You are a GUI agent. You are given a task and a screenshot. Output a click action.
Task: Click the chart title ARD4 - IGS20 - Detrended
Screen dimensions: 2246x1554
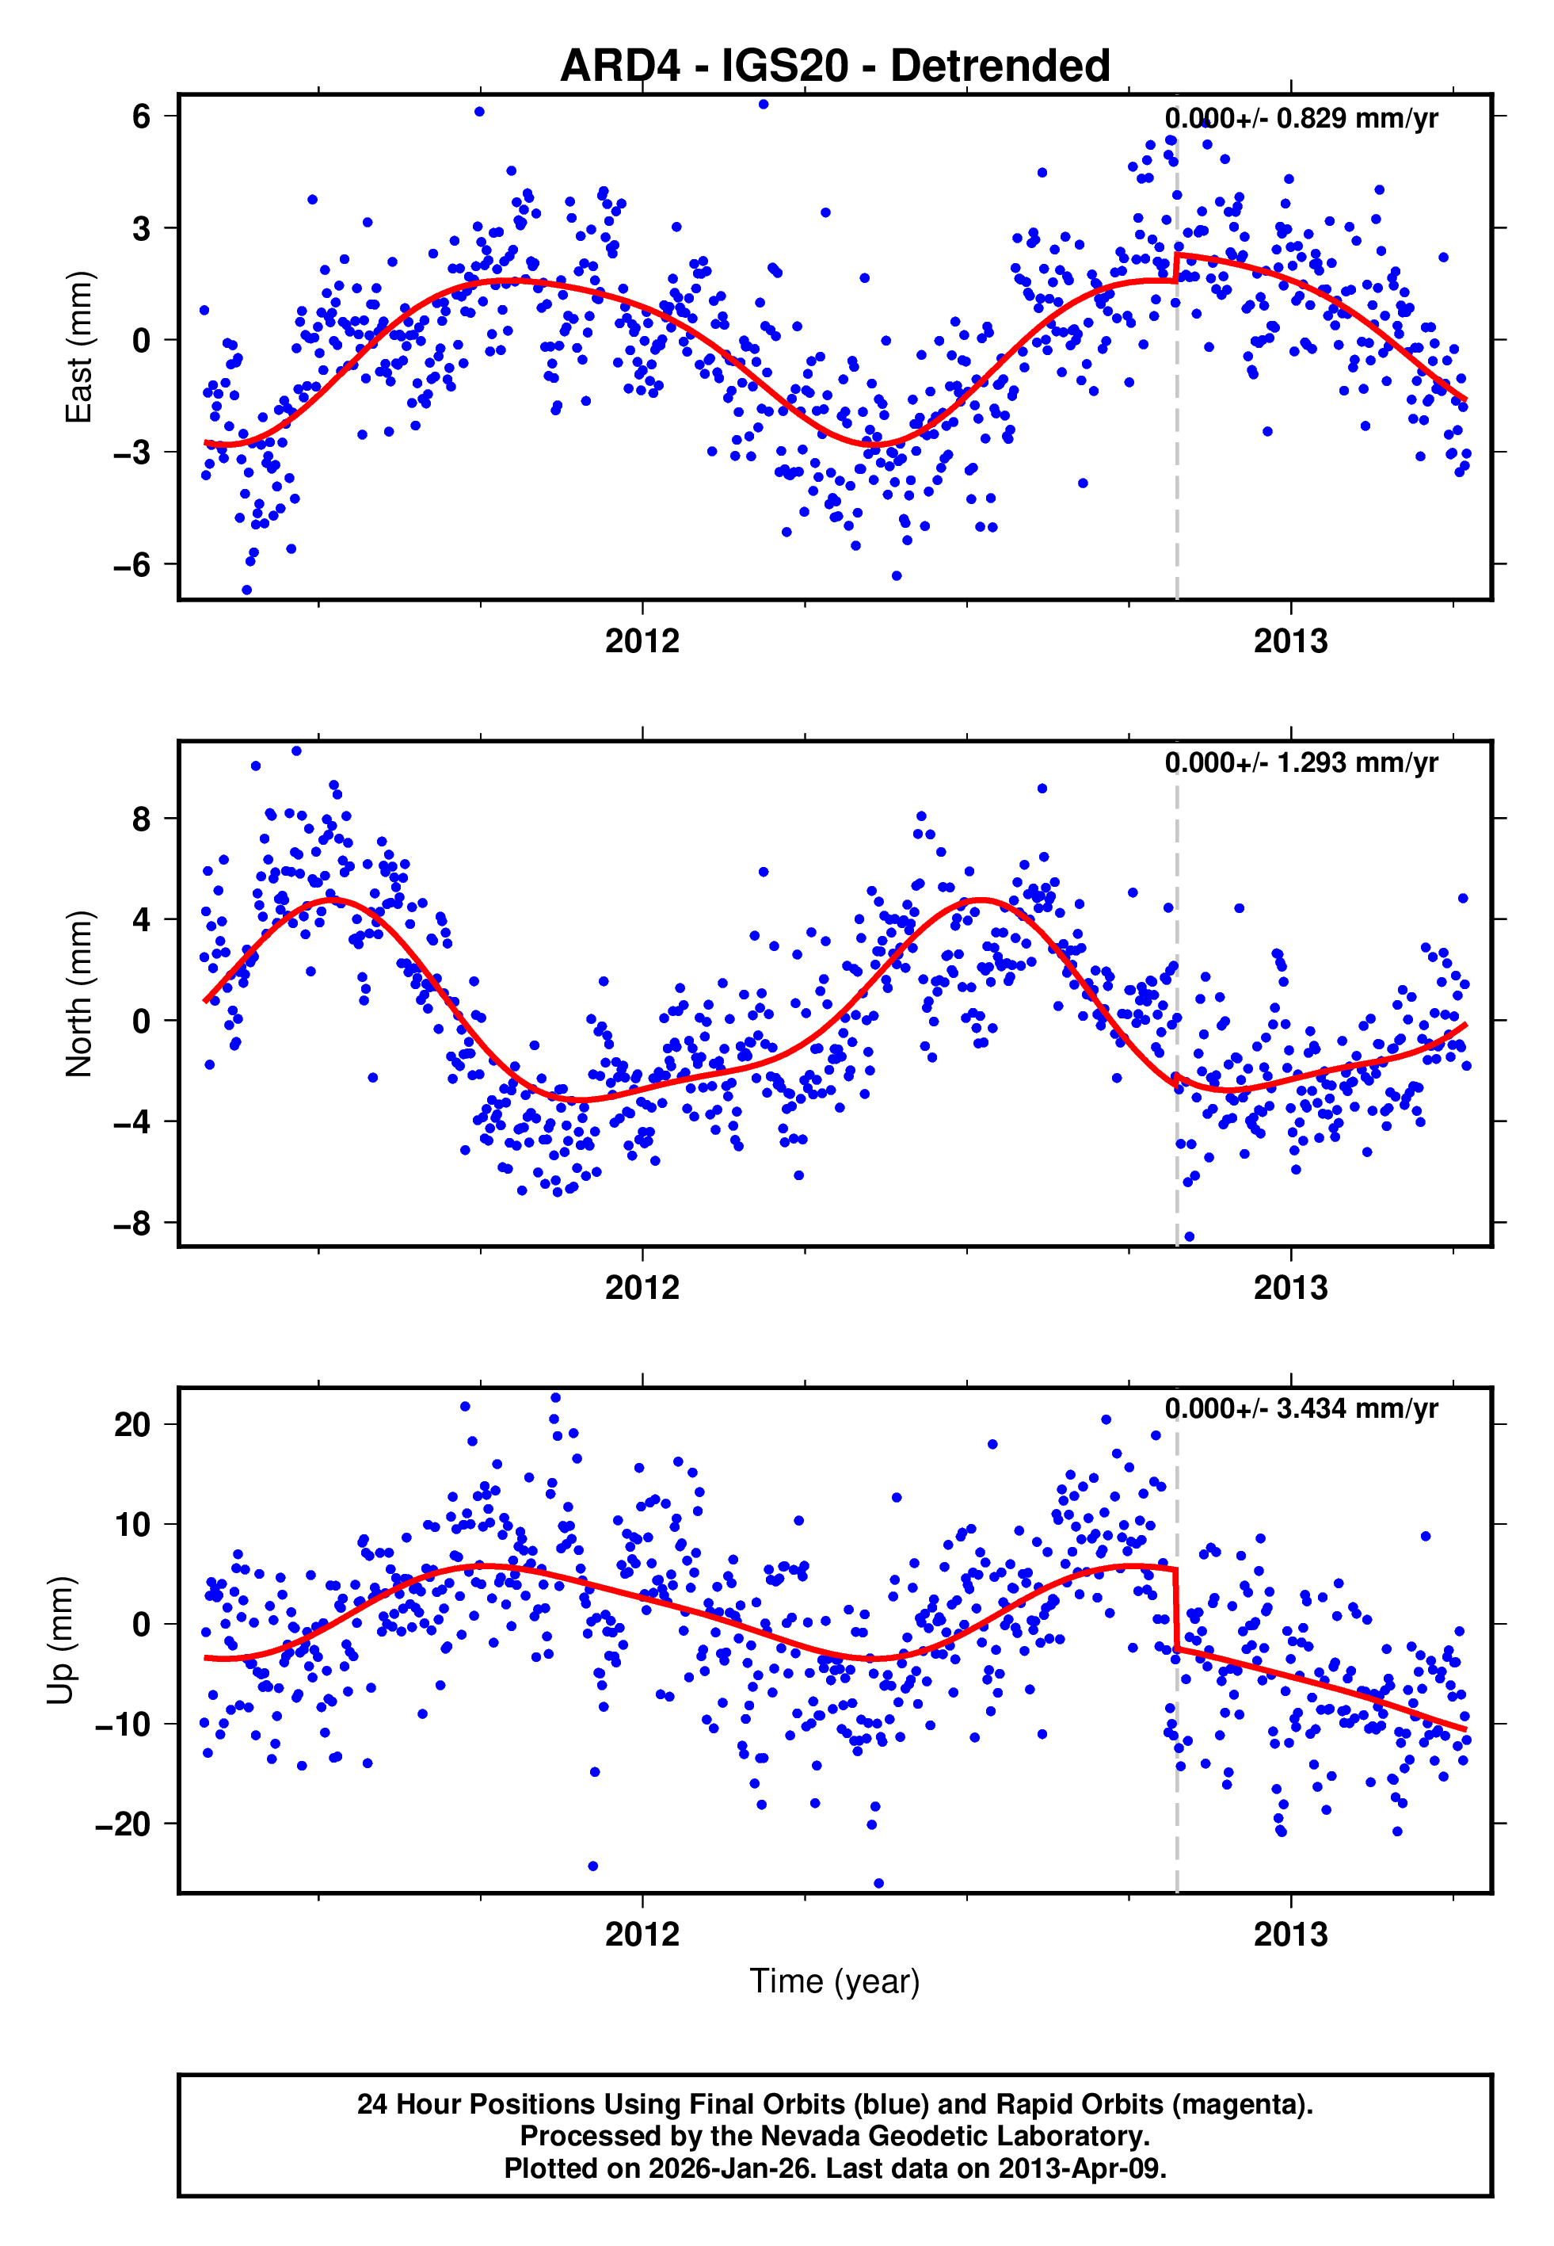[835, 67]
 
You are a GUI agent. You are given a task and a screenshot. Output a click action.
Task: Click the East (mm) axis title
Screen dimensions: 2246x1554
[79, 348]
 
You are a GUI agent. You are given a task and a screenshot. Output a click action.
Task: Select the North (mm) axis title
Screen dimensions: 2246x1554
[79, 994]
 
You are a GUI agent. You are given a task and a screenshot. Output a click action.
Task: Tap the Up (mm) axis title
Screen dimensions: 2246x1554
[60, 1641]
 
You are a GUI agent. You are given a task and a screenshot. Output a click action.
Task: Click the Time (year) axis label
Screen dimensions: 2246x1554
[835, 1981]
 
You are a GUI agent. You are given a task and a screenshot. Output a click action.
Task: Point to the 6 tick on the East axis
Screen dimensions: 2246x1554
[141, 117]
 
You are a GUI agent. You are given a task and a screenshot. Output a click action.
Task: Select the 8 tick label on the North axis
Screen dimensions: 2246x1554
[141, 819]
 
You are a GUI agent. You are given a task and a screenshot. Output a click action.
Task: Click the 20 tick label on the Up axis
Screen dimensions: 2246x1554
[132, 1425]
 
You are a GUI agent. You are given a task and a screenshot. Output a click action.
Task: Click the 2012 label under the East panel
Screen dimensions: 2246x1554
[642, 642]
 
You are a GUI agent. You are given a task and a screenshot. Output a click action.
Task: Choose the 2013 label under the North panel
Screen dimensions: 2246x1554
[1290, 1289]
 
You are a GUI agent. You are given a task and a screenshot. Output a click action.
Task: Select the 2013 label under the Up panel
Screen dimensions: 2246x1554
[1290, 1935]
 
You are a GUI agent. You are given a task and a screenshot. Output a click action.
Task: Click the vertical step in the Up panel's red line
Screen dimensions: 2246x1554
[1176, 1609]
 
